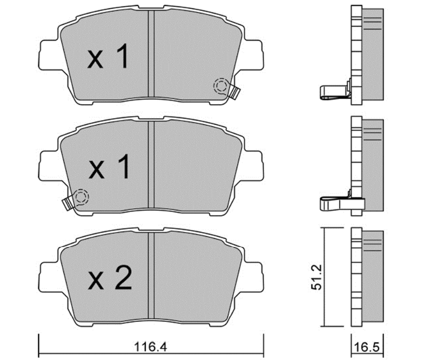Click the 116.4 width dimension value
pyautogui.click(x=151, y=347)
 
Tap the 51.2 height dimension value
pyautogui.click(x=316, y=277)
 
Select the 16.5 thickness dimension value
pyautogui.click(x=367, y=347)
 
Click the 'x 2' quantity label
pyautogui.click(x=110, y=277)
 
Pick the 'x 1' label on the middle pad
pyautogui.click(x=109, y=166)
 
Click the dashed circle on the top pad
pyautogui.click(x=221, y=86)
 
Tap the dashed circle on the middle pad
pyautogui.click(x=81, y=197)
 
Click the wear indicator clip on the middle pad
pyautogui.click(x=68, y=203)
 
